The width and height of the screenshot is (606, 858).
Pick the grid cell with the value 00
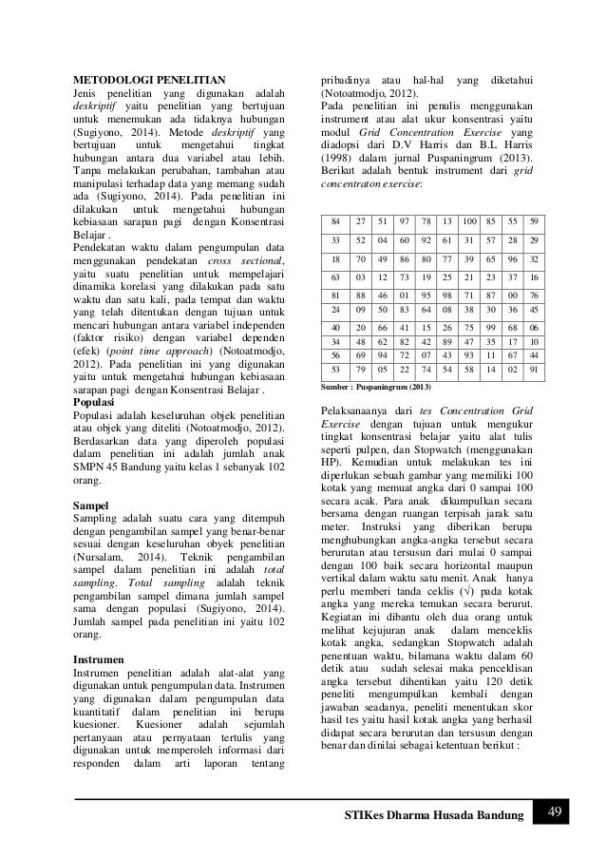tap(514, 296)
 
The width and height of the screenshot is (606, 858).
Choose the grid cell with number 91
tap(535, 369)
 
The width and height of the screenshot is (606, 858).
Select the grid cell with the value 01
tap(402, 296)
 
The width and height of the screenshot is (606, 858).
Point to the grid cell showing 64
tap(424, 309)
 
